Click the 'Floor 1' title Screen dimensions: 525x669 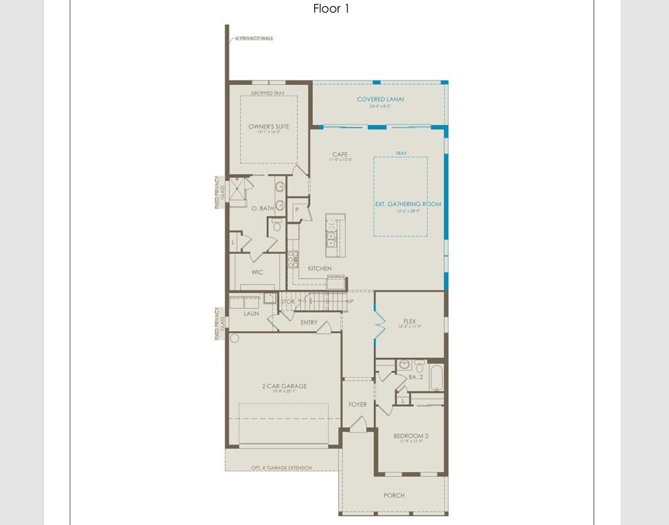pyautogui.click(x=331, y=9)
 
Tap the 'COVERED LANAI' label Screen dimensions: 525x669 pyautogui.click(x=380, y=99)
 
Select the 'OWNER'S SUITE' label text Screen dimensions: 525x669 pyautogui.click(x=269, y=127)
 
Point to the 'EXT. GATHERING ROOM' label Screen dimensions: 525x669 pyautogui.click(x=408, y=204)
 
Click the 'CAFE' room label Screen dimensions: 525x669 pyautogui.click(x=340, y=155)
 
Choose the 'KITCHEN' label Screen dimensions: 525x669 pyautogui.click(x=319, y=269)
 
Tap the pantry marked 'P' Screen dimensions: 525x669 pyautogui.click(x=296, y=210)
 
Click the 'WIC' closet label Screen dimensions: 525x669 pyautogui.click(x=257, y=272)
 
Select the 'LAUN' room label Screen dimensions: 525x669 pyautogui.click(x=251, y=314)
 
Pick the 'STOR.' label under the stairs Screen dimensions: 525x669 pyautogui.click(x=288, y=302)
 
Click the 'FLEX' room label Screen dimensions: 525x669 pyautogui.click(x=410, y=321)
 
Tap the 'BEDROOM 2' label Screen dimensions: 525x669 pyautogui.click(x=411, y=436)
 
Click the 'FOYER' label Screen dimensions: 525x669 pyautogui.click(x=357, y=405)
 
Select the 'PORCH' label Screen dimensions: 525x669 pyautogui.click(x=394, y=495)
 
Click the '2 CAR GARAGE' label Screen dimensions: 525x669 pyautogui.click(x=285, y=387)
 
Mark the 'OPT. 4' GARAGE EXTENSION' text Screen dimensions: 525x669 pyautogui.click(x=281, y=468)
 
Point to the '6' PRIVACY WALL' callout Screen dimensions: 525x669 pyautogui.click(x=254, y=38)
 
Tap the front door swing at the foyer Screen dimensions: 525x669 pyautogui.click(x=358, y=425)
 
